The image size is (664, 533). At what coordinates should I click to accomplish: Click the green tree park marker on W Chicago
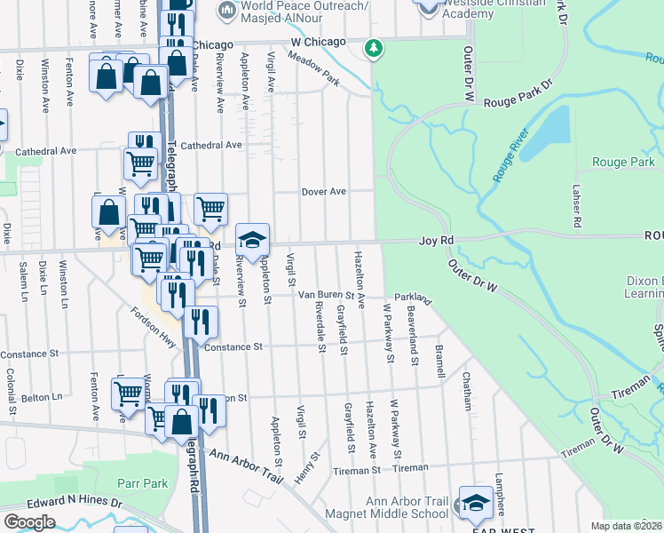(x=375, y=47)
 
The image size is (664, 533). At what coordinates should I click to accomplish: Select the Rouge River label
(x=510, y=155)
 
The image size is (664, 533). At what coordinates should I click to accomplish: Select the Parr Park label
(x=142, y=483)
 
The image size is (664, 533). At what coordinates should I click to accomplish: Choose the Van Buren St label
(x=326, y=294)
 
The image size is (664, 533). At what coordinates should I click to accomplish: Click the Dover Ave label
(x=323, y=191)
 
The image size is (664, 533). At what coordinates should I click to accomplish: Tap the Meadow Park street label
(x=313, y=68)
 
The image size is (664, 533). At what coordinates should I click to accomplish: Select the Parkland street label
(x=412, y=298)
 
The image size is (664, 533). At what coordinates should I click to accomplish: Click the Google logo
(x=30, y=521)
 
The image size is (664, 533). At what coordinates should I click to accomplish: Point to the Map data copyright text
(x=627, y=526)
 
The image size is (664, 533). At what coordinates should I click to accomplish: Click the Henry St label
(x=310, y=467)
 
